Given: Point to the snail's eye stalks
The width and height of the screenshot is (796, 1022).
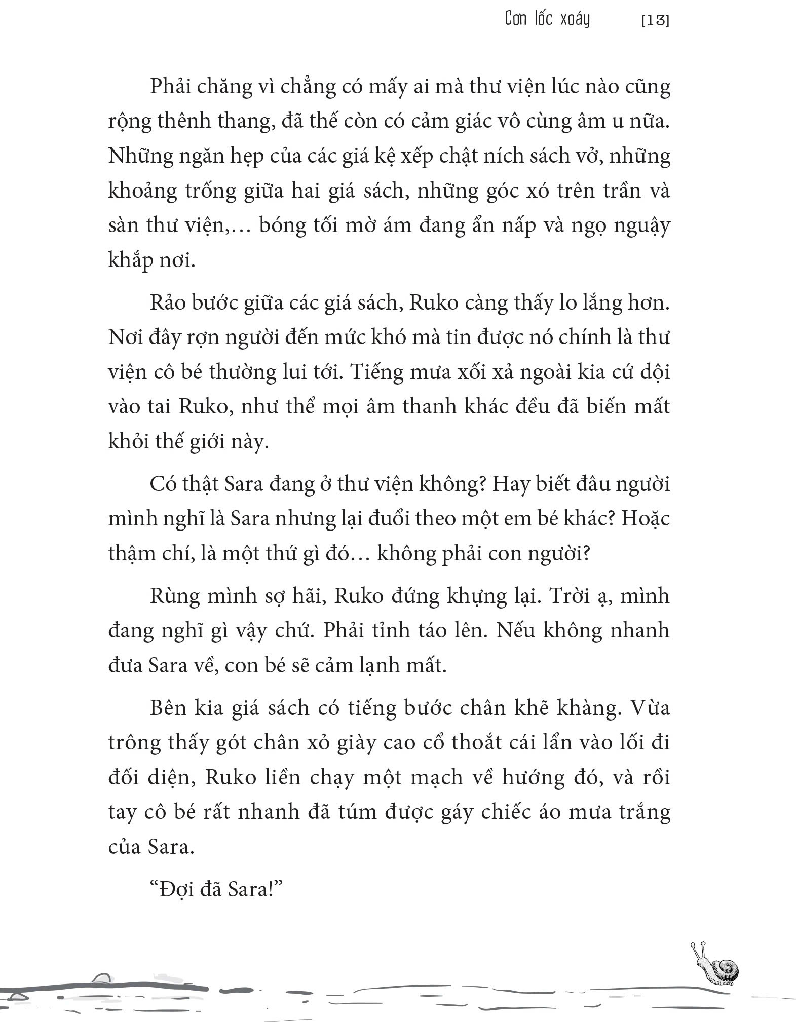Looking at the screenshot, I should [x=698, y=948].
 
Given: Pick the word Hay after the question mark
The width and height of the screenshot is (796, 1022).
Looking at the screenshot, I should [x=511, y=485].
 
